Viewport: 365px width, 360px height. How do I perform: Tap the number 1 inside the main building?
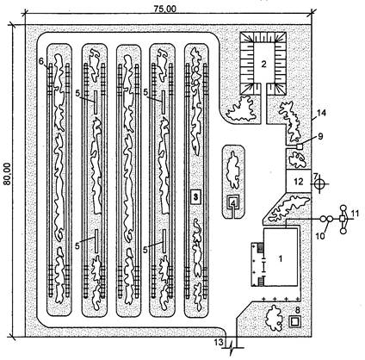click(x=281, y=259)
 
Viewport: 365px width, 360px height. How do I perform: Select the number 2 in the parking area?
click(x=263, y=64)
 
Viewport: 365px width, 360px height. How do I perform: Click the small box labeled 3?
click(x=195, y=197)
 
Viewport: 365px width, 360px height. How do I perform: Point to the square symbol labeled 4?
click(x=234, y=203)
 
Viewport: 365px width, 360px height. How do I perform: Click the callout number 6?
click(x=41, y=61)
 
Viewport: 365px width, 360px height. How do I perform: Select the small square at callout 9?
click(x=300, y=146)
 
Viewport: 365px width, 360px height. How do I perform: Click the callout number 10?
click(x=320, y=236)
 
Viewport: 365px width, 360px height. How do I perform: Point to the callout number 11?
click(x=355, y=214)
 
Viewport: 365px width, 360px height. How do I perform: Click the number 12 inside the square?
click(x=299, y=182)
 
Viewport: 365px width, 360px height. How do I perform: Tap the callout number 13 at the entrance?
click(x=219, y=342)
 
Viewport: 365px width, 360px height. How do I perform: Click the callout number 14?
click(x=322, y=113)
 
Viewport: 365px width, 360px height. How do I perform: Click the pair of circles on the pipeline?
click(x=326, y=219)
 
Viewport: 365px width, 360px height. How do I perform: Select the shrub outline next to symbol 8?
click(x=274, y=318)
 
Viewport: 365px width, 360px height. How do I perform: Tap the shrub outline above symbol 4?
click(x=233, y=171)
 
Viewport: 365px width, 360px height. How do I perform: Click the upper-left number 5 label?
click(x=77, y=93)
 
